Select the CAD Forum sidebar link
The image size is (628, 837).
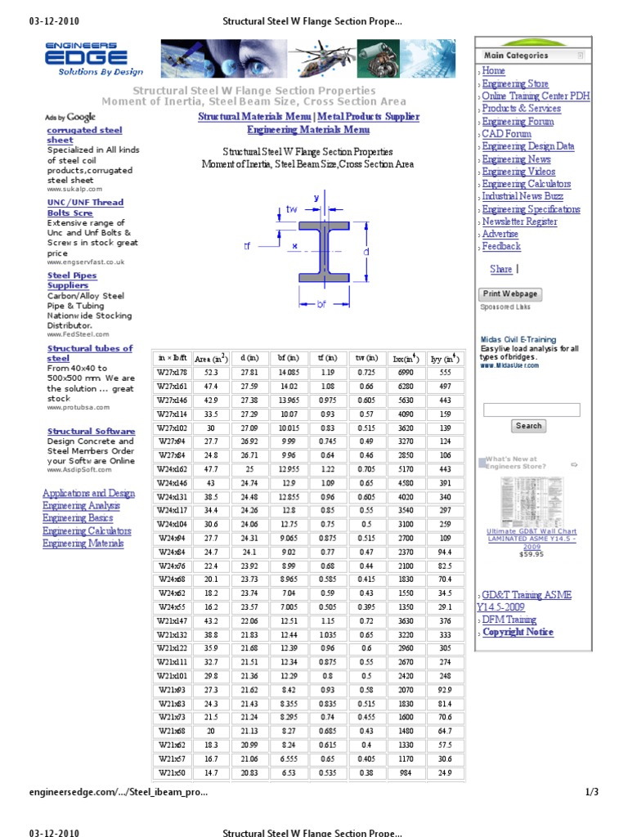click(x=506, y=134)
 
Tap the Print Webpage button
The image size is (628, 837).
click(x=509, y=293)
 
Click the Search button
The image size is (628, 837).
click(x=528, y=426)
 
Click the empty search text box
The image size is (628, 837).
click(x=532, y=410)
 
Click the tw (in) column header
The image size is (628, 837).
click(x=366, y=358)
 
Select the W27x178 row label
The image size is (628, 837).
click(x=173, y=372)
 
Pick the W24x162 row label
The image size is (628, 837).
click(x=173, y=469)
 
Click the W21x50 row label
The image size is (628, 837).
click(x=173, y=772)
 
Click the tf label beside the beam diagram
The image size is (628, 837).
click(x=248, y=246)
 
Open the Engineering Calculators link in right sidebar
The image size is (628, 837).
click(x=527, y=184)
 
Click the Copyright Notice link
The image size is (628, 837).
click(x=518, y=632)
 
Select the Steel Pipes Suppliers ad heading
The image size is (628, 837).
click(x=72, y=280)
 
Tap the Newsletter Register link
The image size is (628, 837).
click(x=519, y=222)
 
